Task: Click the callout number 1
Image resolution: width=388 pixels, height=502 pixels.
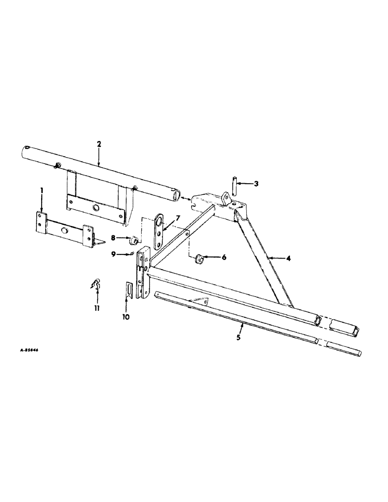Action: tap(42, 191)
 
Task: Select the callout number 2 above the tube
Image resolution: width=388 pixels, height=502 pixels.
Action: tap(99, 144)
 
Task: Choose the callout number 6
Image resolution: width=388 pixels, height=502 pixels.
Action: tap(224, 257)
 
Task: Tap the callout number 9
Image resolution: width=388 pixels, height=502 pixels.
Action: tap(114, 254)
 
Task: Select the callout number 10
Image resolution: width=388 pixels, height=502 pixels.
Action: tap(126, 317)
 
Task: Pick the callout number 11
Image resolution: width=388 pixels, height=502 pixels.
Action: tap(97, 308)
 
